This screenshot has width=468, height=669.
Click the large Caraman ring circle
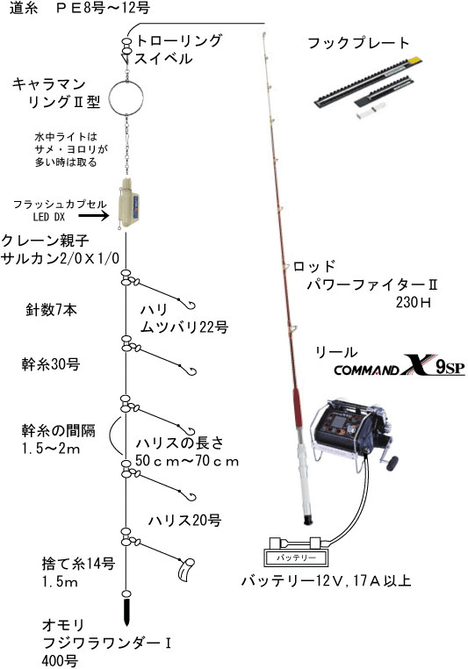pos(110,97)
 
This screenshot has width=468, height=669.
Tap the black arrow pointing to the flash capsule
pos(94,216)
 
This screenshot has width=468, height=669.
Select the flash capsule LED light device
pos(128,205)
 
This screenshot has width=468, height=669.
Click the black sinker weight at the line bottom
pos(126,610)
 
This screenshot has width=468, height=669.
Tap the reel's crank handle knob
pos(392,463)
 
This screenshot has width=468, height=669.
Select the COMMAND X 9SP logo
pos(400,365)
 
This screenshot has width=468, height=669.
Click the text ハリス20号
pos(184,521)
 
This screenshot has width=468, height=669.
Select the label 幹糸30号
pos(51,364)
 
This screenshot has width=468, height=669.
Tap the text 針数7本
pos(52,310)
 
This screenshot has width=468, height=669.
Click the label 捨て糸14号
pos(78,564)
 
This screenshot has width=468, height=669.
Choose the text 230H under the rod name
pos(413,302)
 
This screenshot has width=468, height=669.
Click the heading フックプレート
pos(358,43)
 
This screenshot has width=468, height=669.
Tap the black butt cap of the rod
pos(307,520)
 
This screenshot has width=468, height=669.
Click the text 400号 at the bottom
pos(60,661)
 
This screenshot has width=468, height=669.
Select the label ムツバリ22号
pos(184,327)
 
